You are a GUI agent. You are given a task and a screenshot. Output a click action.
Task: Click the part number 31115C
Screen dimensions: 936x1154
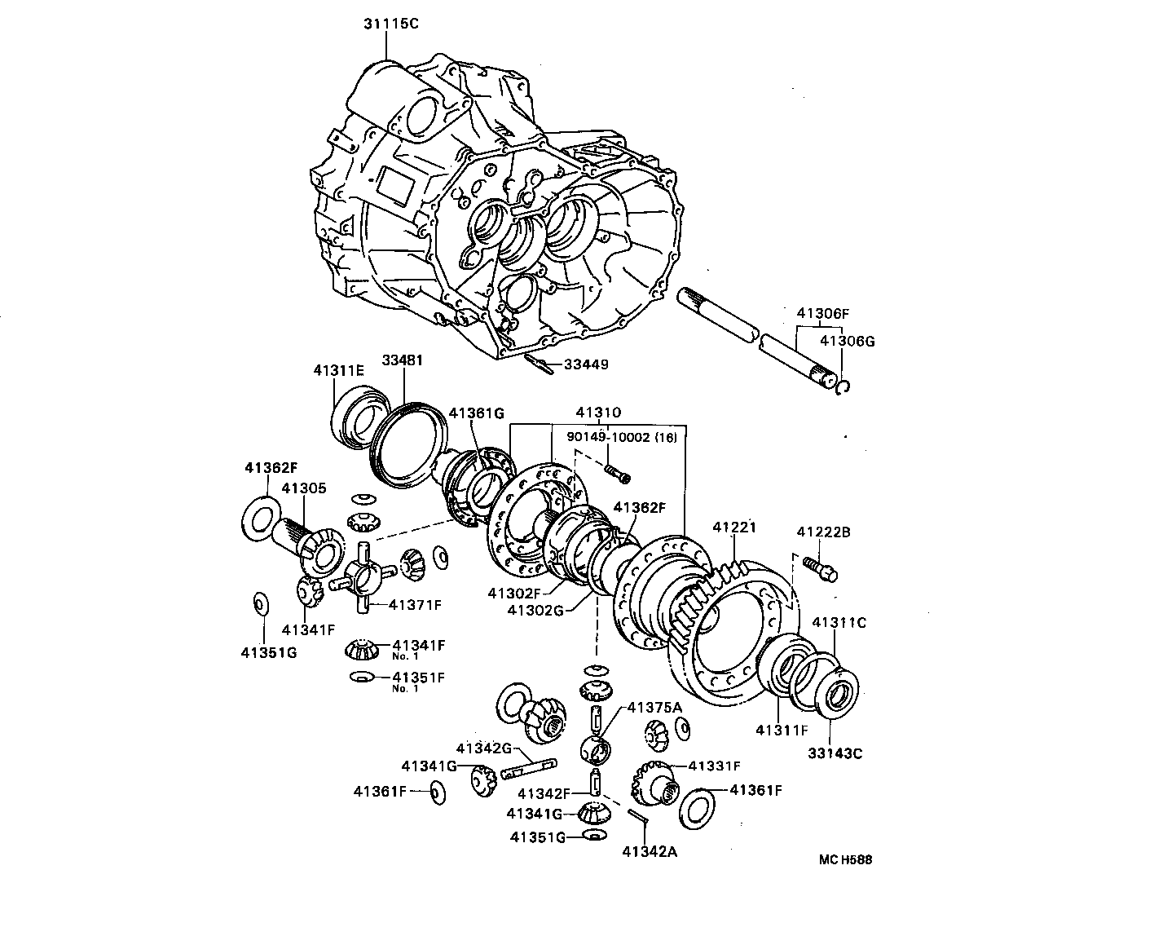point(390,24)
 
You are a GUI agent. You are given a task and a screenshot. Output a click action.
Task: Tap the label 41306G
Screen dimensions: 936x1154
point(847,341)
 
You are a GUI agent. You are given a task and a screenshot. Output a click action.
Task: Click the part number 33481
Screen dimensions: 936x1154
point(403,360)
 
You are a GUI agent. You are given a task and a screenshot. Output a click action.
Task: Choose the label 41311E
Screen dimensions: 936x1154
point(338,369)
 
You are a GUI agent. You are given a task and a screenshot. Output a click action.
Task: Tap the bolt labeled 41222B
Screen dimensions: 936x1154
point(818,567)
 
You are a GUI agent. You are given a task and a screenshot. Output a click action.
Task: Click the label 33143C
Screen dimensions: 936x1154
point(835,753)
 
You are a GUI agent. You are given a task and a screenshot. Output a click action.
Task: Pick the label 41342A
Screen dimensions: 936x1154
point(650,852)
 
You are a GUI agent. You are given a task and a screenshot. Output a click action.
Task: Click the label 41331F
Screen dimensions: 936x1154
point(714,766)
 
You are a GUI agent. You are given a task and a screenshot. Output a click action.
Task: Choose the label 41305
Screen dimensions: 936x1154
point(304,488)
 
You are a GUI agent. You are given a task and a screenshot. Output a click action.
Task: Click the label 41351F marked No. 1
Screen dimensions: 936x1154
point(418,677)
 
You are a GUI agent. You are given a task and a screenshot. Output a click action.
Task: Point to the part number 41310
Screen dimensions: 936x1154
point(598,413)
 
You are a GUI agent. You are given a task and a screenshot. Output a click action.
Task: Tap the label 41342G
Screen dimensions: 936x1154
point(483,748)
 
